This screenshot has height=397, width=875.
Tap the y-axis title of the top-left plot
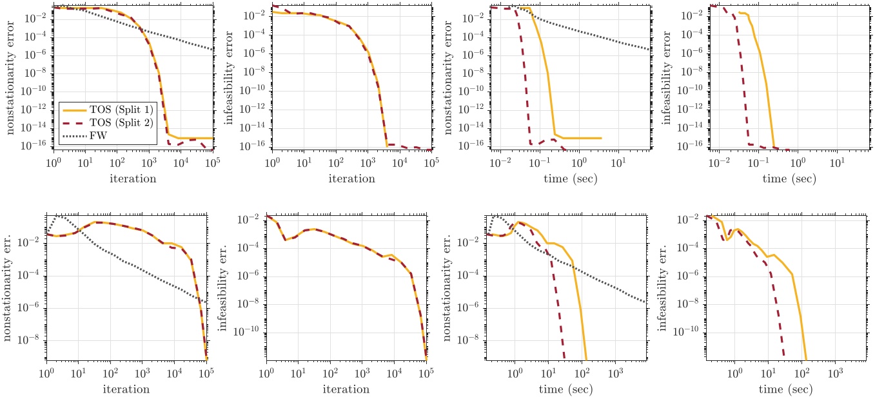pyautogui.click(x=11, y=77)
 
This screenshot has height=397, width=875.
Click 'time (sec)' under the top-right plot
pyautogui.click(x=790, y=179)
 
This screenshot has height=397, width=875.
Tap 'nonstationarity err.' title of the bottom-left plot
pyautogui.click(x=11, y=287)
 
